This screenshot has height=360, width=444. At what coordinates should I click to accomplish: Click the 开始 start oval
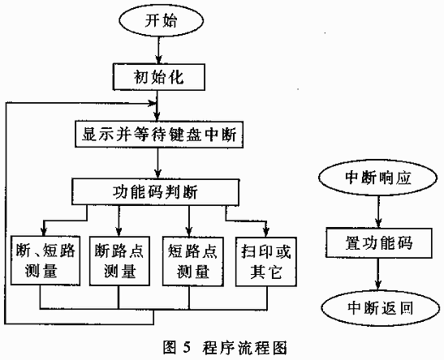click(x=162, y=21)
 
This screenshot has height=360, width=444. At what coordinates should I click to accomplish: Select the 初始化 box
click(x=159, y=77)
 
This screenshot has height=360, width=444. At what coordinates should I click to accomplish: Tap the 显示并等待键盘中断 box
click(x=159, y=134)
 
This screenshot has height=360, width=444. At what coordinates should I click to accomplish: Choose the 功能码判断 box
click(x=155, y=191)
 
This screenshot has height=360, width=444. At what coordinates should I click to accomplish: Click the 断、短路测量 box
click(x=45, y=261)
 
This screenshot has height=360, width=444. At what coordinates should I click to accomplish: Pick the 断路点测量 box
click(x=119, y=261)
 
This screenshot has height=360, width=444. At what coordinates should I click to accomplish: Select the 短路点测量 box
click(x=193, y=261)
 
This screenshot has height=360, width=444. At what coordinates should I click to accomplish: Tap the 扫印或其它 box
click(x=266, y=261)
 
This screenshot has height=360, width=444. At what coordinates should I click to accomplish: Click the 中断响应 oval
click(x=378, y=178)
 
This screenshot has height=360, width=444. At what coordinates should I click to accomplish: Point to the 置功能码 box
click(x=379, y=243)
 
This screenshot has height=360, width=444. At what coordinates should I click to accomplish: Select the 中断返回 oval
click(x=379, y=308)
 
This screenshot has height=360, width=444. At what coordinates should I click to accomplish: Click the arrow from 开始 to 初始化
click(x=158, y=50)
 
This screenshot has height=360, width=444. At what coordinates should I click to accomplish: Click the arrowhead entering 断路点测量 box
click(x=119, y=233)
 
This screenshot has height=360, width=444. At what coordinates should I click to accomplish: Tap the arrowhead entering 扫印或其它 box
click(x=266, y=233)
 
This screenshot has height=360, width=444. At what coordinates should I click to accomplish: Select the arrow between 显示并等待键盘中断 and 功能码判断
click(x=158, y=163)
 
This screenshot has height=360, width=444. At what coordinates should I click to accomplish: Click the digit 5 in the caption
click(x=186, y=347)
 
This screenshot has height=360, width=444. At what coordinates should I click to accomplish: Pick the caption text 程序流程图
click(x=245, y=347)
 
